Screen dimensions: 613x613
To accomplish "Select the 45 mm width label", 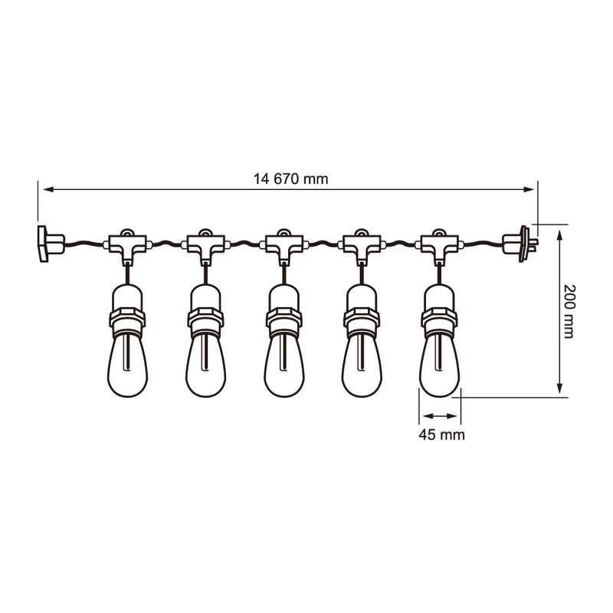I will pos(441,434).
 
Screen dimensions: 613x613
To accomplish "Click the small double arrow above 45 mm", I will pos(440,416).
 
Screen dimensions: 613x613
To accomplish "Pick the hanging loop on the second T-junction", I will pos(205,232).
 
